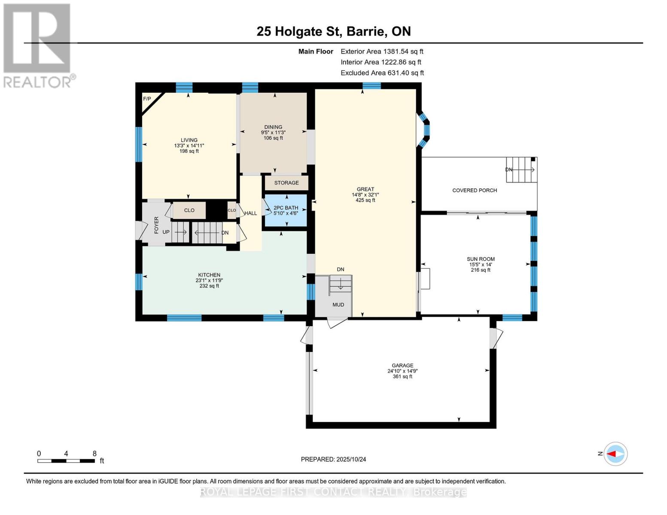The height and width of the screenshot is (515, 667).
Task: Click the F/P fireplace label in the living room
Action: click(x=147, y=99)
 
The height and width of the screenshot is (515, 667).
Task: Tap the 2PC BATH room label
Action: click(x=286, y=208)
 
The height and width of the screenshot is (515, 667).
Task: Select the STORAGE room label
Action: click(x=286, y=183)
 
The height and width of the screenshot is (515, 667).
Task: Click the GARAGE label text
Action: click(x=402, y=366)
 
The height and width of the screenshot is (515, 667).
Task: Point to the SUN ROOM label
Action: click(x=481, y=259)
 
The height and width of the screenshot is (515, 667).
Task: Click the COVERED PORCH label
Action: click(x=475, y=191)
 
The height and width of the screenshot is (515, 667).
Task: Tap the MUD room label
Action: click(x=338, y=305)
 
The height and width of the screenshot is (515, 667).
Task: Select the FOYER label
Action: click(x=156, y=225)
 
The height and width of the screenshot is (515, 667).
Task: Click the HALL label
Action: click(x=250, y=213)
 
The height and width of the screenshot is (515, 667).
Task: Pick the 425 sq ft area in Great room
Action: click(x=365, y=200)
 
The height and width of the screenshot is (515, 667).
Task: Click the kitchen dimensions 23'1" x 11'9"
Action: click(x=209, y=281)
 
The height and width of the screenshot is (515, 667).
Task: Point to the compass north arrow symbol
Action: click(x=615, y=454)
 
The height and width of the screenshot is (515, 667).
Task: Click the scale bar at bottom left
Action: click(x=66, y=461)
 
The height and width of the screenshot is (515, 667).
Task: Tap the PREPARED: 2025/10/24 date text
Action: click(x=333, y=460)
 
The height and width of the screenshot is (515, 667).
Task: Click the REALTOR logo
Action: click(x=38, y=45)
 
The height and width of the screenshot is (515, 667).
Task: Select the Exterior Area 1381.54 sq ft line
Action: click(x=382, y=51)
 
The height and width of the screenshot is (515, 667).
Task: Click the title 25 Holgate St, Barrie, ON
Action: click(x=333, y=31)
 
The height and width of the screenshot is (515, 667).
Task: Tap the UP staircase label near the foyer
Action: click(x=166, y=232)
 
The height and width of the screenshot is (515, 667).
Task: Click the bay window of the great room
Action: click(x=424, y=130)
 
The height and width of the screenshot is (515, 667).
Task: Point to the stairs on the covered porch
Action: click(x=521, y=170)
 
